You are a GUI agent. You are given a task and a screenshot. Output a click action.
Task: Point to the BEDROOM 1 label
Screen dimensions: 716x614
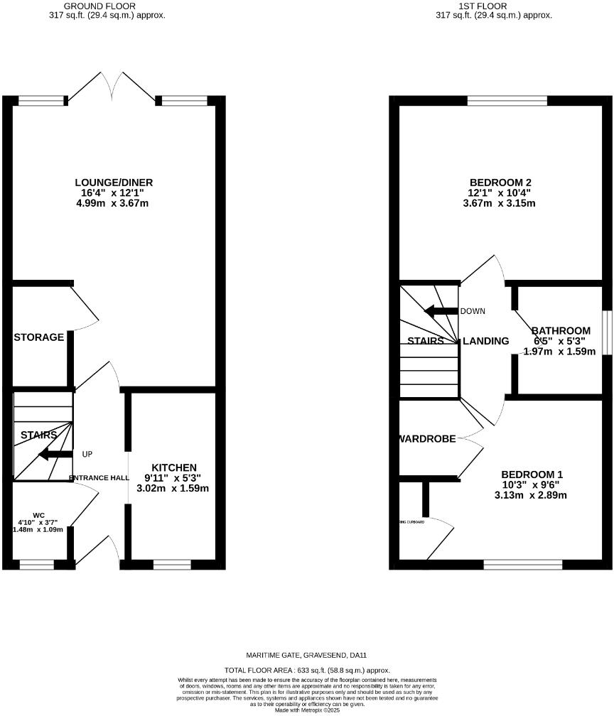click(532, 474)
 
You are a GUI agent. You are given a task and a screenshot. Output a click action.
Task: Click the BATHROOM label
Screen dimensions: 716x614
click(561, 330)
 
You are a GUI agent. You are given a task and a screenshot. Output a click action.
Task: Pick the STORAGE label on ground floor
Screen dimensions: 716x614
click(39, 337)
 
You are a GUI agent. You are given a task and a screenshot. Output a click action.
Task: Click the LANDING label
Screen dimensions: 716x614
click(486, 341)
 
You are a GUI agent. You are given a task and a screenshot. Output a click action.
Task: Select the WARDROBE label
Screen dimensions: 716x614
click(427, 438)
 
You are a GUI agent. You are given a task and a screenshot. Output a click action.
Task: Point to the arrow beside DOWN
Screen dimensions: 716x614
click(441, 311)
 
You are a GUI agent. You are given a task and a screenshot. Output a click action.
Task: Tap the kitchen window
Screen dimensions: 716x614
click(172, 565)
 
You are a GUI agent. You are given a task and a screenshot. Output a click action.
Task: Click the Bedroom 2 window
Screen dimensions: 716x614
click(507, 101)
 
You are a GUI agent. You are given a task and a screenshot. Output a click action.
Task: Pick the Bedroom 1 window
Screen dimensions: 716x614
click(523, 565)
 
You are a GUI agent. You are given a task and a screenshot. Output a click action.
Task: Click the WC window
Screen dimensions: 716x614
click(37, 565)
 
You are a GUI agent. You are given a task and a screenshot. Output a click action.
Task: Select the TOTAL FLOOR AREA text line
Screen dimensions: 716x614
click(307, 670)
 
